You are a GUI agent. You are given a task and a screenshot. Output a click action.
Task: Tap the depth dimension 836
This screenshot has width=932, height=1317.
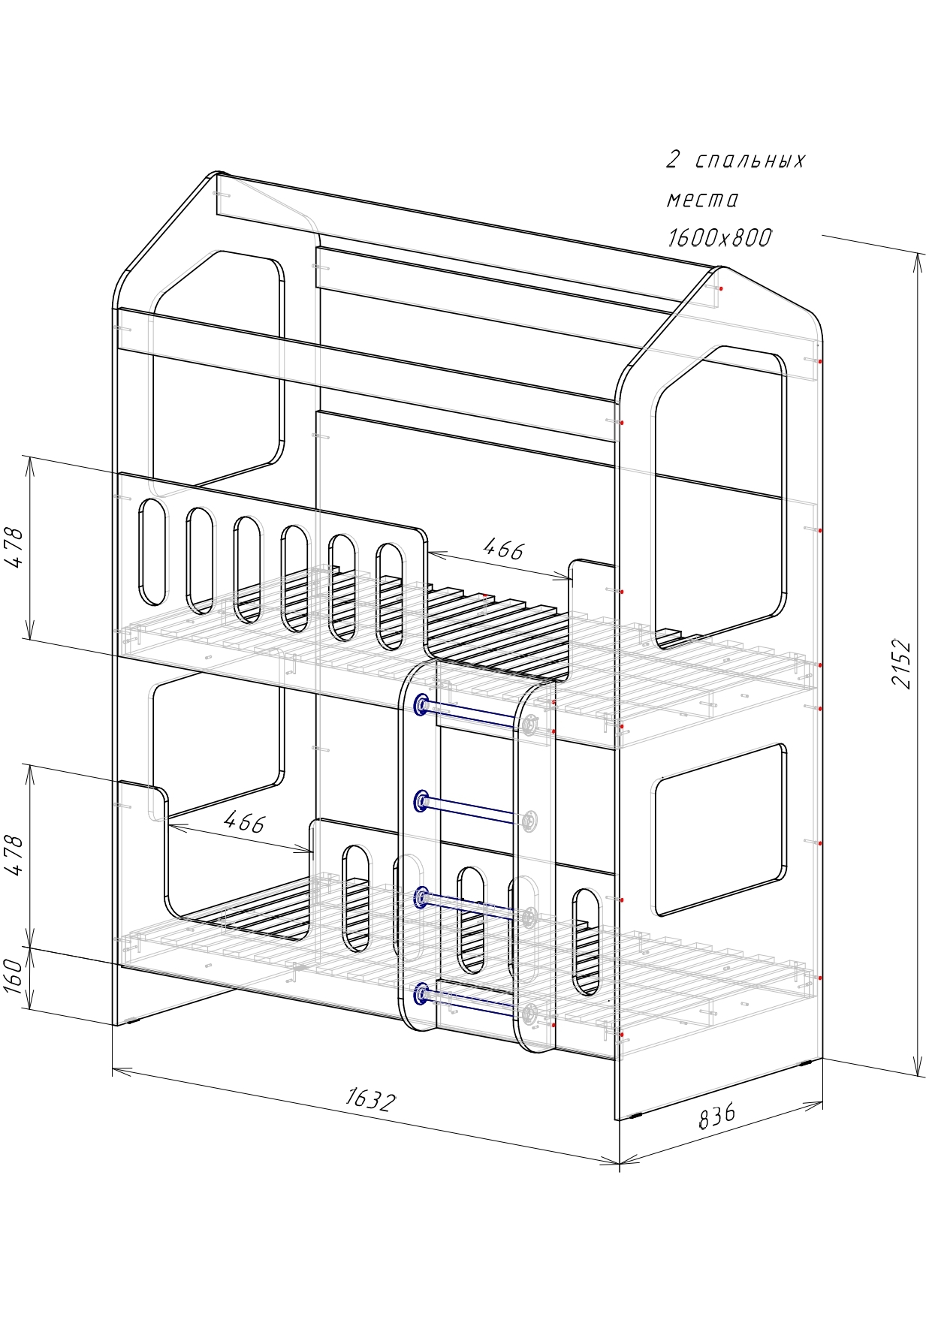(717, 1116)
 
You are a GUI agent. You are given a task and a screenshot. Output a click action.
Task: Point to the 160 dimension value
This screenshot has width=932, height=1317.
(14, 975)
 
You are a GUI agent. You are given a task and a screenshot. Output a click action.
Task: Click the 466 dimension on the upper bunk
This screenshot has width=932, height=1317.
(502, 550)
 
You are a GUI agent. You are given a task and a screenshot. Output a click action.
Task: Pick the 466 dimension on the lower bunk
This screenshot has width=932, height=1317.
(245, 822)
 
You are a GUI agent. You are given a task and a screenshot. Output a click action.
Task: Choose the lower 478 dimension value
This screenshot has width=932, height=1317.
(14, 854)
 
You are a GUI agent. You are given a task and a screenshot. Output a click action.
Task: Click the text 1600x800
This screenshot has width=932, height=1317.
(719, 238)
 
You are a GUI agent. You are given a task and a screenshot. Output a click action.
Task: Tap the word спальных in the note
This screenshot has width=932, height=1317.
(749, 161)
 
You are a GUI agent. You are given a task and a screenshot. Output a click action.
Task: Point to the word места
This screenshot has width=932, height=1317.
(702, 200)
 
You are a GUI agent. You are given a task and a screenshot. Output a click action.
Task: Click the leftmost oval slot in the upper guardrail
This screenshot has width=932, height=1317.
(152, 552)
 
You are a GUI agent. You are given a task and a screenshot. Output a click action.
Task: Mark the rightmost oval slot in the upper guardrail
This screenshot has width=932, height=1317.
(389, 596)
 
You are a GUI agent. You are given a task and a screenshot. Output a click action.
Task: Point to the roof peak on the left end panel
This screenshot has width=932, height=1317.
(216, 175)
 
